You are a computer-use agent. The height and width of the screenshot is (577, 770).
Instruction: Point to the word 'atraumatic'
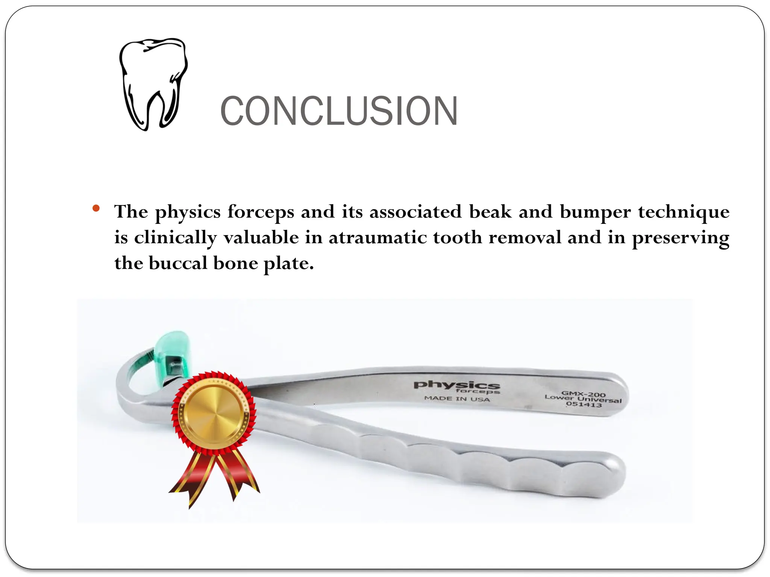pos(377,238)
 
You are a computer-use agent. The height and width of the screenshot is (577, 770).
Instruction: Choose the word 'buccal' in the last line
pos(178,263)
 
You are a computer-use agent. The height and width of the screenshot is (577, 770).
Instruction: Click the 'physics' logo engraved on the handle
pos(456,385)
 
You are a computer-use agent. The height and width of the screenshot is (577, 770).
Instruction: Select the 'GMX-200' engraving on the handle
pos(584,394)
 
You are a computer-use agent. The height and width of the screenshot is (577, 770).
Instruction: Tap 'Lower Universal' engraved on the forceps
pos(583,399)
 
